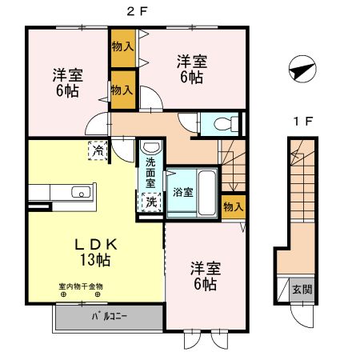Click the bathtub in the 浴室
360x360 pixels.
click(x=206, y=191)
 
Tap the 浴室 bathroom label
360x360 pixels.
click(x=182, y=192)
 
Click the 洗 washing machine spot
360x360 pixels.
click(x=150, y=202)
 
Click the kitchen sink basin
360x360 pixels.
click(x=81, y=192)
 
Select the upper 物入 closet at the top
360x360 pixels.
click(x=122, y=47)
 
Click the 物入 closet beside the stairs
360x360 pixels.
click(x=232, y=206)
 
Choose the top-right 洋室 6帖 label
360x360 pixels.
click(x=190, y=69)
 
